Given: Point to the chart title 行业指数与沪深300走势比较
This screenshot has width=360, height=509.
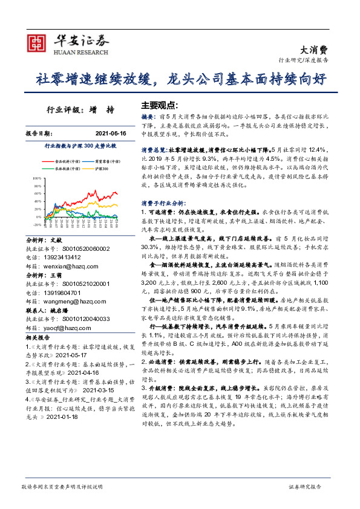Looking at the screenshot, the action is click(80, 146).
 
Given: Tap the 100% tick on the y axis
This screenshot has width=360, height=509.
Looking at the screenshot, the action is click(36, 179).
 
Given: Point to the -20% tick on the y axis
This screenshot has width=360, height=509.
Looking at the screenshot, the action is click(36, 224).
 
